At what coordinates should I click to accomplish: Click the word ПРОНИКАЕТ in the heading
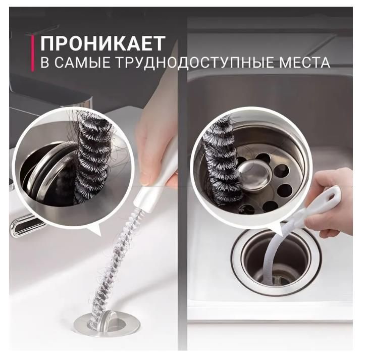click(103, 43)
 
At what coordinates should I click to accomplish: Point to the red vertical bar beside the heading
click(32, 53)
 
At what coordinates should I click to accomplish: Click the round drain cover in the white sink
click(108, 324)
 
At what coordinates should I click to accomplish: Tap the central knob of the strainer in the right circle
click(255, 173)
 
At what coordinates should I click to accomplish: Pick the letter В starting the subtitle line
click(45, 63)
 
